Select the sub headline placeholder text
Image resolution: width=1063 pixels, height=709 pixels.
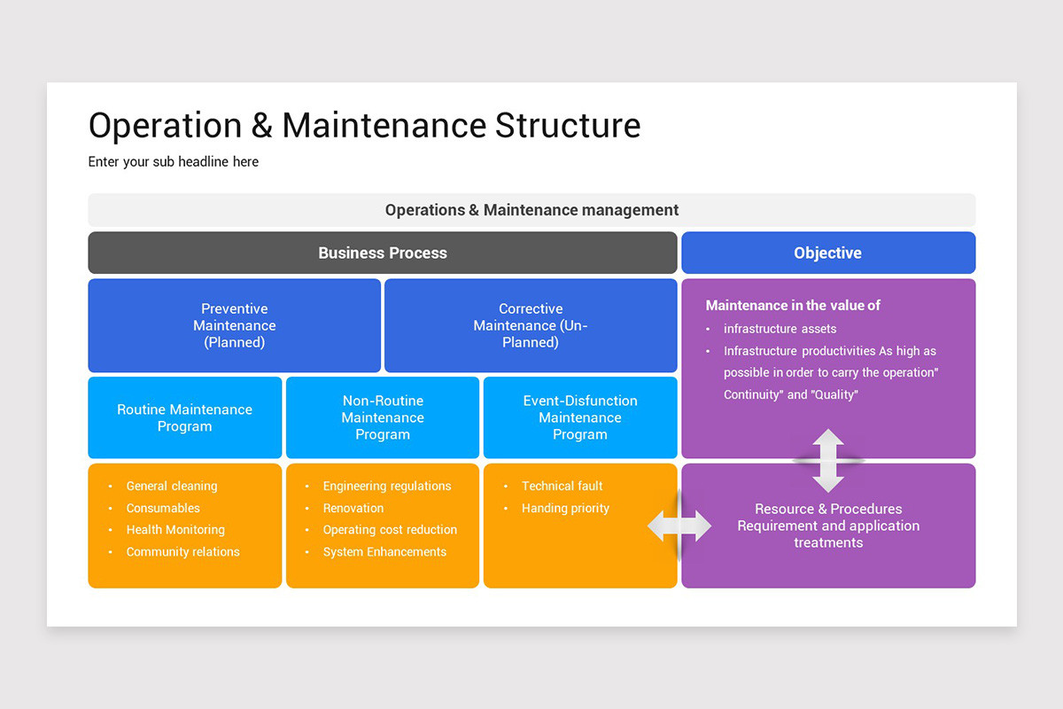point(174,161)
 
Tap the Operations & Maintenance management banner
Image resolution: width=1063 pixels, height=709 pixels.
point(531,210)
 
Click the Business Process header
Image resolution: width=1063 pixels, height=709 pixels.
point(383,253)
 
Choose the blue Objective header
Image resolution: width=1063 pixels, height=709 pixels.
point(827,253)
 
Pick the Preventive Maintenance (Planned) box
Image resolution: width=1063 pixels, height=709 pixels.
point(234,325)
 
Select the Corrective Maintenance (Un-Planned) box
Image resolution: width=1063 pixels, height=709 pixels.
point(531,325)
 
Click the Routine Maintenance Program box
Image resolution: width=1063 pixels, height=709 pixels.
point(184,417)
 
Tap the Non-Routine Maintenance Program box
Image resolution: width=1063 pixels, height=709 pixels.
point(383,417)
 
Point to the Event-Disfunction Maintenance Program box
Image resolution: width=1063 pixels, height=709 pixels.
point(580,417)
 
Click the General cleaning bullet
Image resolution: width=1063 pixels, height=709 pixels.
point(171,486)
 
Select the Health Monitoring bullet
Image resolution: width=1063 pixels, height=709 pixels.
point(175,529)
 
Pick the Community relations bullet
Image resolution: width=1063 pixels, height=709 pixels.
point(182,551)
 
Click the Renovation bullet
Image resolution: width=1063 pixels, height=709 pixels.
point(353,508)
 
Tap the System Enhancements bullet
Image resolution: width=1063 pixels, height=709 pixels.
point(384,551)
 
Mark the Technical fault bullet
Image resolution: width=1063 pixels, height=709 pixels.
point(562,486)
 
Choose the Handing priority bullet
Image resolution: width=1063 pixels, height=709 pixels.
point(565,508)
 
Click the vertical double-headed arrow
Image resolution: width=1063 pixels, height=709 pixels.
point(828,461)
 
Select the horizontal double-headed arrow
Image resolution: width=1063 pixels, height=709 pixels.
point(679,526)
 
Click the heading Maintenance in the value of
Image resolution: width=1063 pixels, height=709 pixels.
point(793,305)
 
